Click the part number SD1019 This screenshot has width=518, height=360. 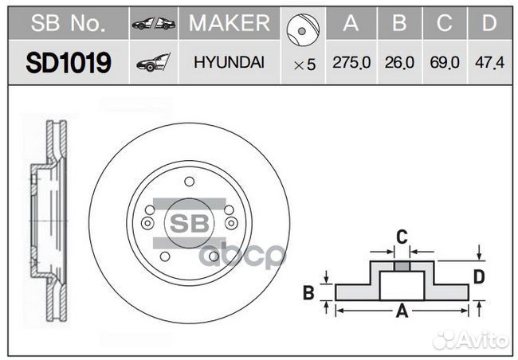click(x=68, y=63)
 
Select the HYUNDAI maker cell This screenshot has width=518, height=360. click(x=230, y=63)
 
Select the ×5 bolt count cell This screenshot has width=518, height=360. click(x=304, y=65)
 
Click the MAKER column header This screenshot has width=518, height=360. click(x=230, y=24)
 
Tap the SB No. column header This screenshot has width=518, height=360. click(x=68, y=24)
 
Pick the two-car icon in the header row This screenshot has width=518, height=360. click(x=154, y=24)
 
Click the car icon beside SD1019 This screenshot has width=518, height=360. click(x=154, y=63)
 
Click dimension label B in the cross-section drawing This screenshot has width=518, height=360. click(x=308, y=293)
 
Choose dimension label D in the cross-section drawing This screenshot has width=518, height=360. click(x=479, y=276)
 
